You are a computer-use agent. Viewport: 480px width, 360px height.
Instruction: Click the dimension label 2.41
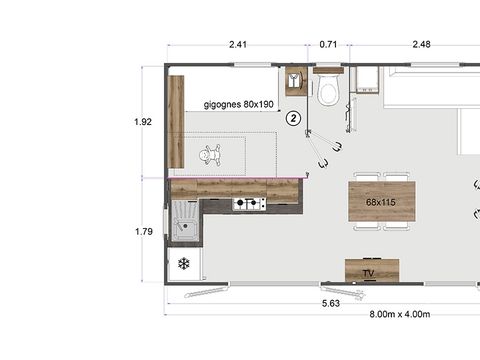point(238,44)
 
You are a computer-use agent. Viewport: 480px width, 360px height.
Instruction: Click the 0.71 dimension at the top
point(328,44)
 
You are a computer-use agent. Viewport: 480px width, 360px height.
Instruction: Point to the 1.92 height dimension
point(143,122)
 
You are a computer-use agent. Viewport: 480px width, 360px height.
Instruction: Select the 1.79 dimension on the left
point(143,231)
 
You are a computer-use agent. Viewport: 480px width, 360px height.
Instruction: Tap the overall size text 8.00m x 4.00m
point(398,315)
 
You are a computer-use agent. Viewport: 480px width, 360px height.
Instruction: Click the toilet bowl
point(328,93)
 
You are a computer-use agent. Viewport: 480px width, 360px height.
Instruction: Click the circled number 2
point(293,117)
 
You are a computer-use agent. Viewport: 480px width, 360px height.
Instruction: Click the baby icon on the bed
point(210,155)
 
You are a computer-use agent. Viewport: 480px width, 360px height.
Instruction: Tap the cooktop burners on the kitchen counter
point(249,204)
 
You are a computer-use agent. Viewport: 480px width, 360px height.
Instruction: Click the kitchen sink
point(185,223)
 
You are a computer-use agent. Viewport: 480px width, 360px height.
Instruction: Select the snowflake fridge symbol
point(184,264)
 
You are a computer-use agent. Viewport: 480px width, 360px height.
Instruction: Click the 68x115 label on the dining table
point(381,202)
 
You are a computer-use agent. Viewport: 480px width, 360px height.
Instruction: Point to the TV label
point(369,273)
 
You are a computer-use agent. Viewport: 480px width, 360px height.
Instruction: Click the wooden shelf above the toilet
point(328,71)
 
